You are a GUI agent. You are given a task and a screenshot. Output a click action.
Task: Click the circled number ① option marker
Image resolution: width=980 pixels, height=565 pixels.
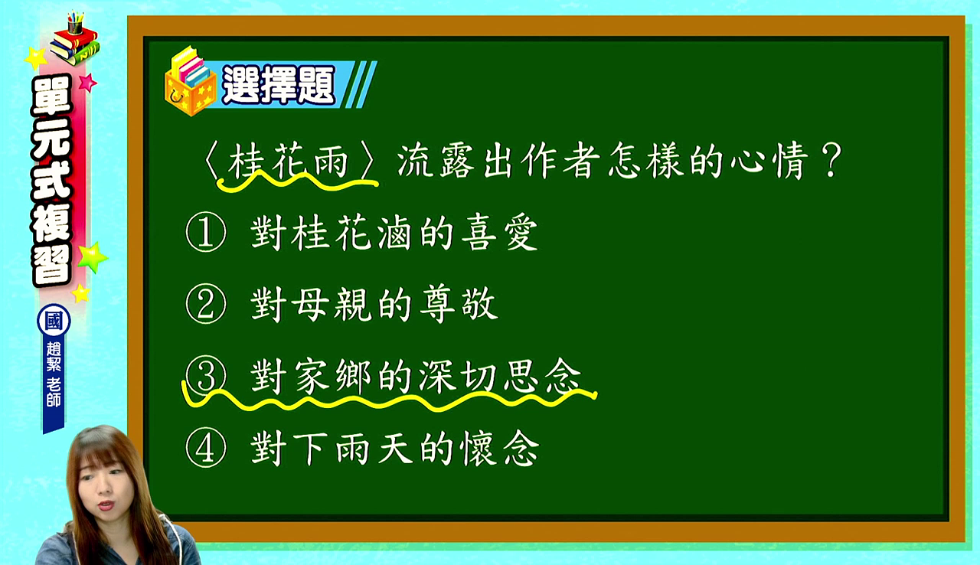[x=206, y=232]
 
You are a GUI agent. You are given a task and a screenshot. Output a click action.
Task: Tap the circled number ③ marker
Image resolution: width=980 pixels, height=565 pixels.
[x=206, y=376]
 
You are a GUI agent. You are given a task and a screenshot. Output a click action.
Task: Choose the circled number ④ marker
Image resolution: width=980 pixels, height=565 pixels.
[x=206, y=448]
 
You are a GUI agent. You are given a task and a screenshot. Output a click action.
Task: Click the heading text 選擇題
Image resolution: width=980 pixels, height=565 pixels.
[x=279, y=85]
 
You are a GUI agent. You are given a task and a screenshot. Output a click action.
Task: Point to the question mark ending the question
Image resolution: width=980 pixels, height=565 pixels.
[x=831, y=161]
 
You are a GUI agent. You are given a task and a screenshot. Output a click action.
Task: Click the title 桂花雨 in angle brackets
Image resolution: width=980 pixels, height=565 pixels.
[x=289, y=161]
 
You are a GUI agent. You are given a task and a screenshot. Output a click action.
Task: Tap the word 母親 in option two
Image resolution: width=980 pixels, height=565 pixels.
[x=311, y=304]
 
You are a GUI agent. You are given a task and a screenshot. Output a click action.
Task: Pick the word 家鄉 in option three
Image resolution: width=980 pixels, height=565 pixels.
[x=332, y=376]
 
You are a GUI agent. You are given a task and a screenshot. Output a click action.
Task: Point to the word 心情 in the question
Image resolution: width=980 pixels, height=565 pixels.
[x=769, y=161]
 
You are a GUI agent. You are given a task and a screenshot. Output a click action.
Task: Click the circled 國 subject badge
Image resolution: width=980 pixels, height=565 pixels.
[x=54, y=321]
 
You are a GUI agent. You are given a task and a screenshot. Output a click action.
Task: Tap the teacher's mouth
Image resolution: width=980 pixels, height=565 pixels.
[x=106, y=505]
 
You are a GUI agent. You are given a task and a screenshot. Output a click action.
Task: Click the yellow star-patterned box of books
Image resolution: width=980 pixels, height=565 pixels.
[x=191, y=83]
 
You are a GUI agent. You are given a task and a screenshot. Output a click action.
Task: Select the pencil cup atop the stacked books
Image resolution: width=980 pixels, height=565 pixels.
[x=75, y=23]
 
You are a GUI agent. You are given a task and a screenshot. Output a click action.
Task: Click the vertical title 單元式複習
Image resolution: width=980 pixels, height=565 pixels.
[x=51, y=180]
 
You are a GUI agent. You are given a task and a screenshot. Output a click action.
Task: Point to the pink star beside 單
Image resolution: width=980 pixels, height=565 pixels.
[x=87, y=82]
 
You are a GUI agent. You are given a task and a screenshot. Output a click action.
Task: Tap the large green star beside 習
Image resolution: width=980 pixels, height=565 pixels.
[x=93, y=257]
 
